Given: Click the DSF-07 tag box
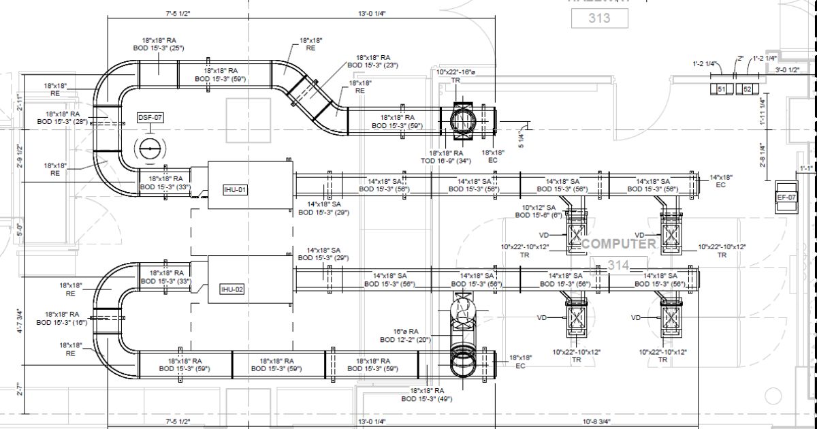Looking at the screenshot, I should pyautogui.click(x=150, y=117).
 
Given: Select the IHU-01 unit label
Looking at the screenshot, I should pyautogui.click(x=235, y=189).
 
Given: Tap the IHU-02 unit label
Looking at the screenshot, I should pyautogui.click(x=231, y=289).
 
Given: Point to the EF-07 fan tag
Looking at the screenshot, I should pyautogui.click(x=786, y=197).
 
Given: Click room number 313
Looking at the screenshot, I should pyautogui.click(x=599, y=18).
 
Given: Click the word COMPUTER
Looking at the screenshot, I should pyautogui.click(x=619, y=244).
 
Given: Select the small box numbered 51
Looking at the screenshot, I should pyautogui.click(x=722, y=89).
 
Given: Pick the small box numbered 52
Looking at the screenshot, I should pyautogui.click(x=747, y=89).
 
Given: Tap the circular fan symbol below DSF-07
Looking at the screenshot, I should pyautogui.click(x=149, y=148).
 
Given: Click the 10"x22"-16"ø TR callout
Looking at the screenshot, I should pyautogui.click(x=455, y=76).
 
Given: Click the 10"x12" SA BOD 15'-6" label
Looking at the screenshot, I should pyautogui.click(x=539, y=211).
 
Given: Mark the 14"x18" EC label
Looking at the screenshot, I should pyautogui.click(x=721, y=180).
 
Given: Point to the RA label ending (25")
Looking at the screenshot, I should pyautogui.click(x=158, y=44).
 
